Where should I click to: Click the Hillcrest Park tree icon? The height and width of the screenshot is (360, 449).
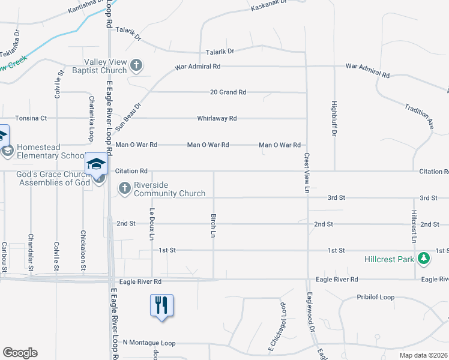[x=424, y=258]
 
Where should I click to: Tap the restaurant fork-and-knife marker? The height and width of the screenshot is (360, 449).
[x=161, y=305]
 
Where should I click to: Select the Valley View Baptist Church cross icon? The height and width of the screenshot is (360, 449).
[x=136, y=65]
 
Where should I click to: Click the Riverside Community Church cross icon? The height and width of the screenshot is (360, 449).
[x=125, y=188]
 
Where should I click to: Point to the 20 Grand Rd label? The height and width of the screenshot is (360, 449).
[x=228, y=92]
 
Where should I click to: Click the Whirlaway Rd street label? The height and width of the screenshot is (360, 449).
[x=217, y=119]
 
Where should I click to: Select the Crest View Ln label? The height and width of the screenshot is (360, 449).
[x=306, y=173]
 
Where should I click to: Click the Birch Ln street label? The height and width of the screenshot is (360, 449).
[x=213, y=225]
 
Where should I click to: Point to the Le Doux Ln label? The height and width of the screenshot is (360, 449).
[x=152, y=224]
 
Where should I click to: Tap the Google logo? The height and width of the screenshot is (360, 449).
[x=19, y=353]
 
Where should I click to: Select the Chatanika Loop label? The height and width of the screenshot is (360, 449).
[x=91, y=118]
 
